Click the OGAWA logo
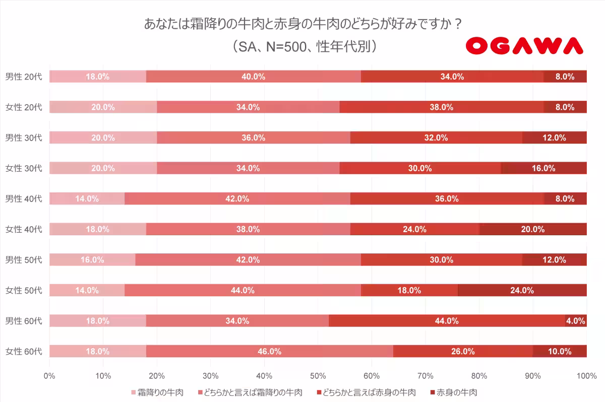(x=524, y=46)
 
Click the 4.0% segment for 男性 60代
(x=576, y=321)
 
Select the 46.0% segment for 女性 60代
(x=270, y=352)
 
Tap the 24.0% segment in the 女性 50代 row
(x=522, y=290)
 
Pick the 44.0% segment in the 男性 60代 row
(x=447, y=321)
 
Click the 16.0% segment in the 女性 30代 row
(x=543, y=168)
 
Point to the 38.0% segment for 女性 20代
(x=442, y=107)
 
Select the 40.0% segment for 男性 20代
(x=254, y=77)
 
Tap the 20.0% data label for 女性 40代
(x=532, y=229)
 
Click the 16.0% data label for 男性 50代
(x=92, y=260)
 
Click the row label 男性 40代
(x=24, y=198)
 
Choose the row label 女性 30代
(x=24, y=168)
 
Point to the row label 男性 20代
(x=24, y=77)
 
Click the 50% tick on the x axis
(x=318, y=375)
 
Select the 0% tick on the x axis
(x=49, y=375)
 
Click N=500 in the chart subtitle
(x=284, y=46)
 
